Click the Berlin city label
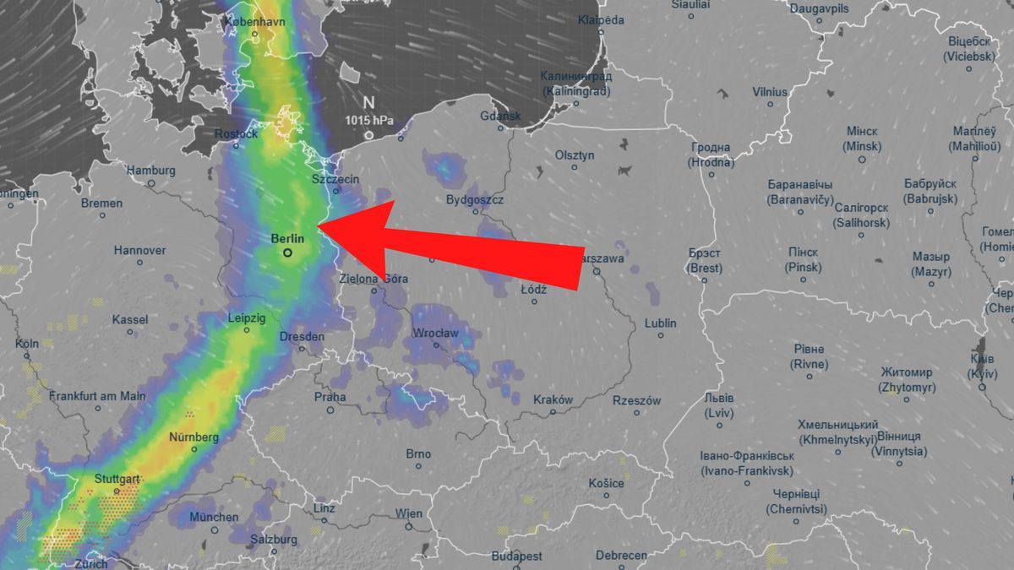287,239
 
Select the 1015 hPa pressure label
369,120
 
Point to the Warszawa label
602,258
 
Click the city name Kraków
553,400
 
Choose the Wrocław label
435,334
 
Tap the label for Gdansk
500,117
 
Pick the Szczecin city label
335,180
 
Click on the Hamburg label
151,171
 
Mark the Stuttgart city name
117,479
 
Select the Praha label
330,397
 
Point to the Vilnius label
770,92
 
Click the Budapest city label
517,556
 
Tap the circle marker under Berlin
288,252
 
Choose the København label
254,21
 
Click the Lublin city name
660,323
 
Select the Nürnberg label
194,437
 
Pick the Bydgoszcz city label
475,200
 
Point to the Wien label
409,513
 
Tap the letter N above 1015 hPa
369,101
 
